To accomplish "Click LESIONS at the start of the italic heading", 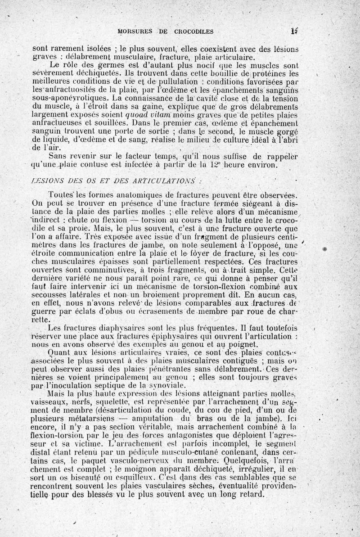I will point(45,181).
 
